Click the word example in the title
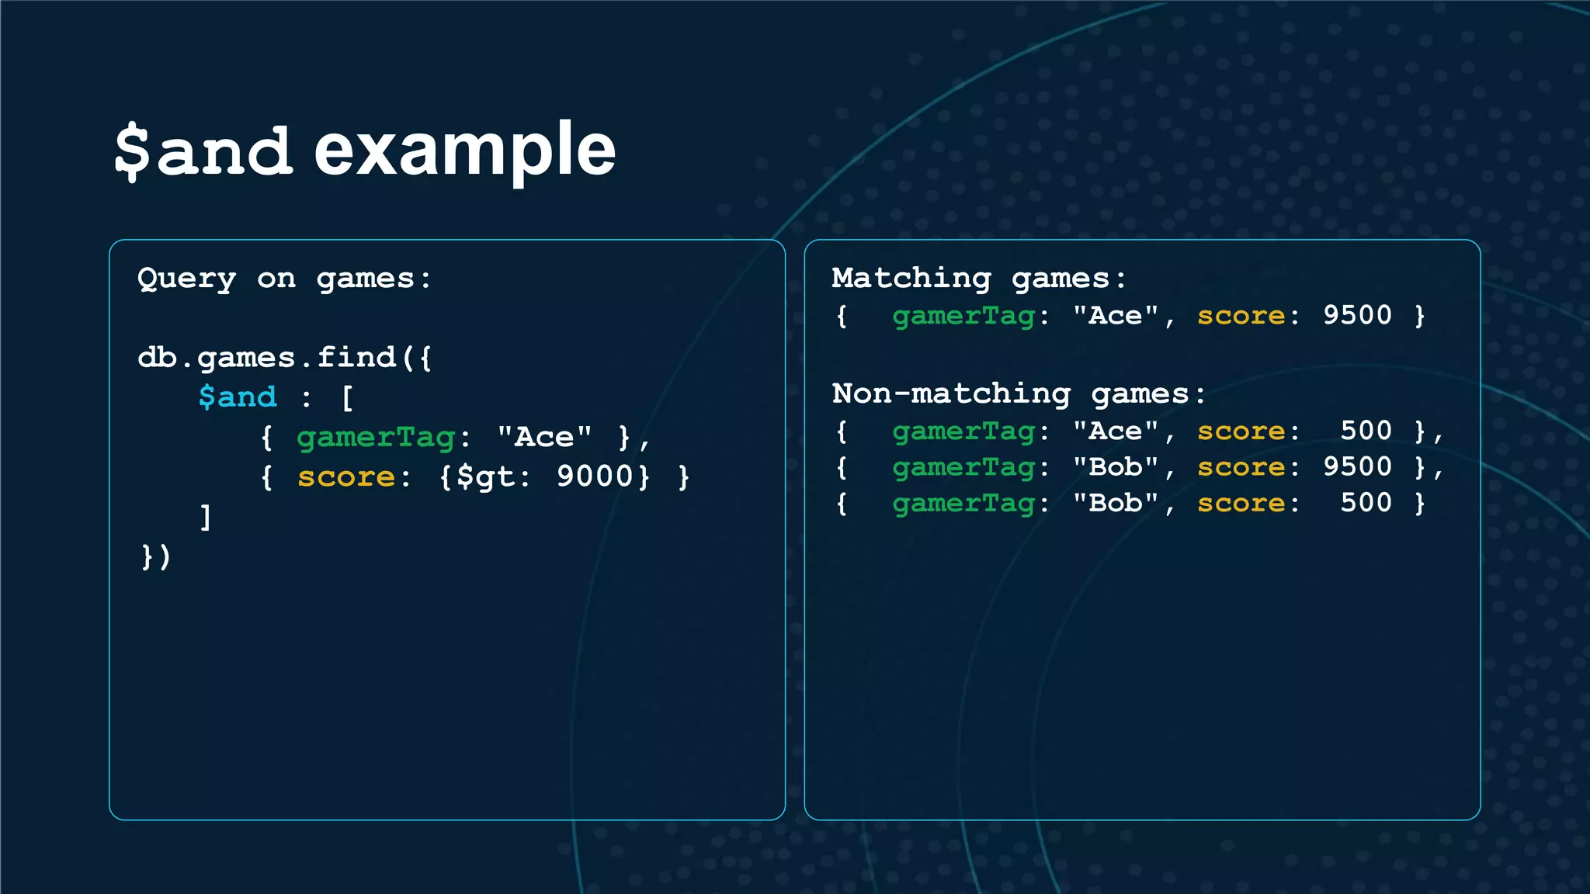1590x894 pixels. [x=464, y=151]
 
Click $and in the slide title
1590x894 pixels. [x=203, y=151]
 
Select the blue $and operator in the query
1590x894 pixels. [x=238, y=397]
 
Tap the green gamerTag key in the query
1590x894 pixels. [x=376, y=437]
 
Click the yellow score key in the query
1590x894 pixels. [x=346, y=476]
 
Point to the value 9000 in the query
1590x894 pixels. [x=595, y=476]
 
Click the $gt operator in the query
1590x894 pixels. [x=485, y=476]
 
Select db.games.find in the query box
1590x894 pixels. [x=267, y=358]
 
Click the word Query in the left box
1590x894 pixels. [x=186, y=279]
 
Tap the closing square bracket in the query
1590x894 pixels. [x=206, y=517]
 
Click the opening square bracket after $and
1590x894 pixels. [x=347, y=398]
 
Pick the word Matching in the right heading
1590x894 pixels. [x=911, y=278]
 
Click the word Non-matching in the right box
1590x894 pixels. [x=951, y=393]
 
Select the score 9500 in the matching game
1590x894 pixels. [x=1357, y=315]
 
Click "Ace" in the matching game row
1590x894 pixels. [x=1116, y=316]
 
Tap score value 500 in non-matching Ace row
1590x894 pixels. [x=1366, y=431]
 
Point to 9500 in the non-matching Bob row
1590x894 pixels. [x=1357, y=466]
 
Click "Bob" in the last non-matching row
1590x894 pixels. [x=1116, y=503]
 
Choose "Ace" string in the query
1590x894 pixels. [x=544, y=437]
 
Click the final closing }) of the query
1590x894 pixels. [x=155, y=556]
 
